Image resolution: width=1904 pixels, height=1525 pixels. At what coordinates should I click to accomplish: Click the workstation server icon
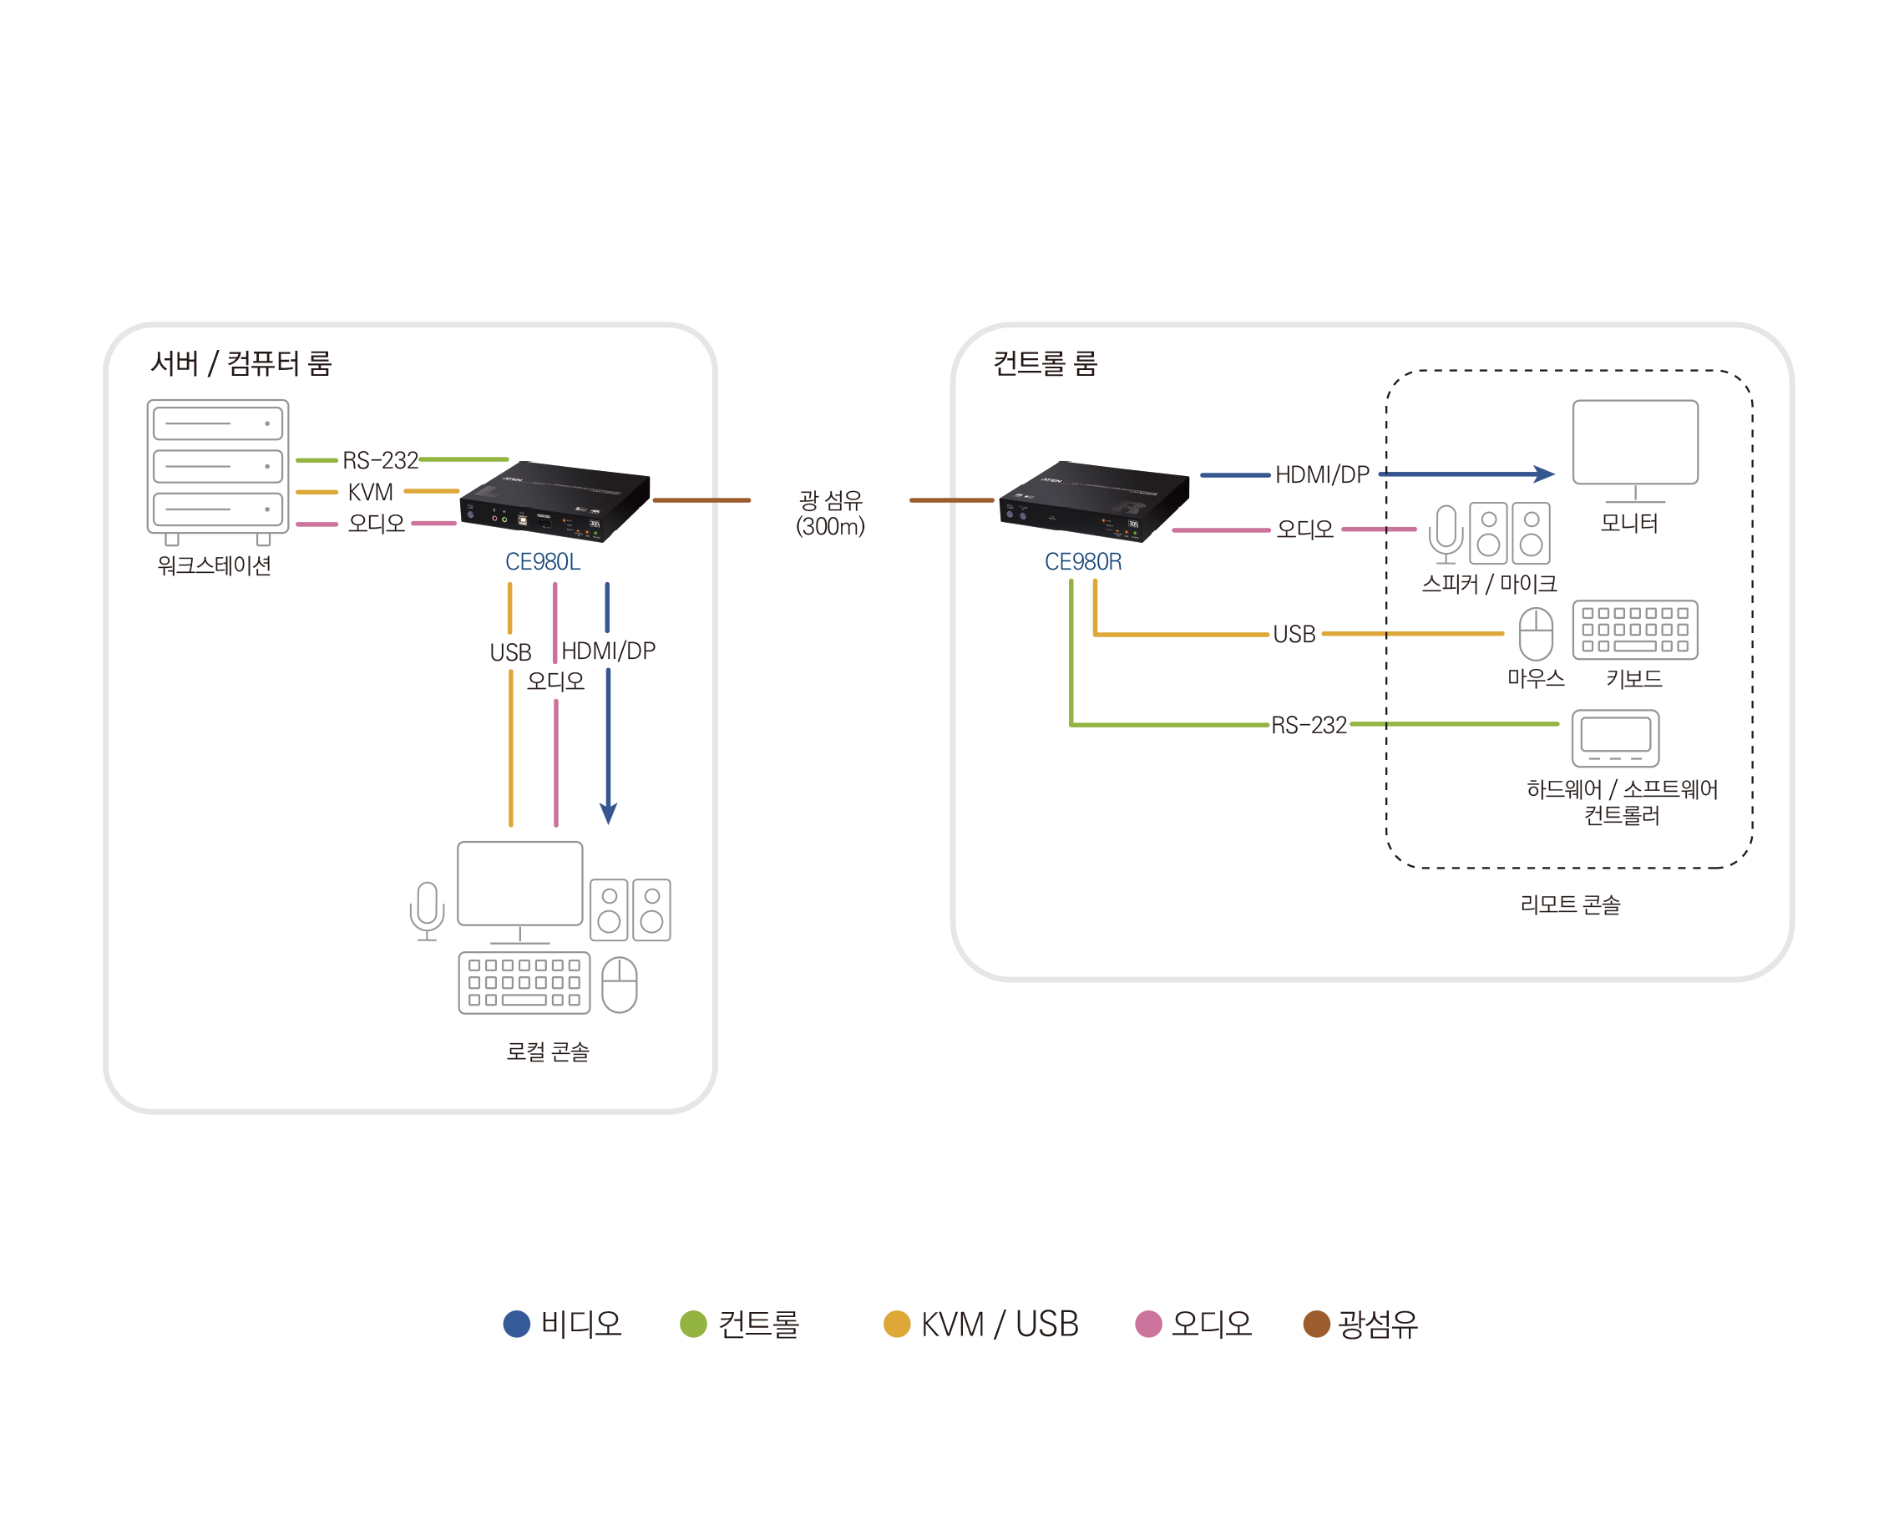tap(217, 469)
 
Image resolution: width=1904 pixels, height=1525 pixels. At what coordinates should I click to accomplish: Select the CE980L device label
tap(542, 561)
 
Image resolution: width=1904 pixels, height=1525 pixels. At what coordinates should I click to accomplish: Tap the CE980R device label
tap(1083, 561)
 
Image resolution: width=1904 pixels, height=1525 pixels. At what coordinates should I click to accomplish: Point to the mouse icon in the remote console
tap(1536, 633)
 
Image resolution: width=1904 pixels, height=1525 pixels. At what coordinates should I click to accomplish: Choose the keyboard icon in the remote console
tap(1634, 630)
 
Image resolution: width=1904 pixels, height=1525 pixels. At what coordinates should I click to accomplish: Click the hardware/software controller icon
tap(1615, 738)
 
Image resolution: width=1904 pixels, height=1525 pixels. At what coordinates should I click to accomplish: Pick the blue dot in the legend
tap(517, 1324)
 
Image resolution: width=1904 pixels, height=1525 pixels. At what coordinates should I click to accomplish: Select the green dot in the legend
tap(693, 1324)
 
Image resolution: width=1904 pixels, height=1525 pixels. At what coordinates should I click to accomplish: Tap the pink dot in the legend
tap(1148, 1324)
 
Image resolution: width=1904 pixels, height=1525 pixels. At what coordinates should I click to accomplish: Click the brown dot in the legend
tap(1317, 1324)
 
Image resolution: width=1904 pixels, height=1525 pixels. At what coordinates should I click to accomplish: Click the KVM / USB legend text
tap(1000, 1324)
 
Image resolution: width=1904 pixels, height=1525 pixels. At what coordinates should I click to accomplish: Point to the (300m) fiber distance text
tap(830, 527)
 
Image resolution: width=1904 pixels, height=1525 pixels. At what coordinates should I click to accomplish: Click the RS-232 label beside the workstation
tap(380, 460)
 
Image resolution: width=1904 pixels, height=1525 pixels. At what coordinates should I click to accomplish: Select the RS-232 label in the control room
tap(1309, 725)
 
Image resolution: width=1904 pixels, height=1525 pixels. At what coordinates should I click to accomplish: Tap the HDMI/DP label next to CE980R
tap(1322, 475)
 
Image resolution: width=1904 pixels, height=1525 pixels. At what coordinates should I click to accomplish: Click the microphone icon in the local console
tap(427, 910)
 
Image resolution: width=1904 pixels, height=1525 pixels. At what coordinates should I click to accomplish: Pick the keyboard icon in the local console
tap(524, 983)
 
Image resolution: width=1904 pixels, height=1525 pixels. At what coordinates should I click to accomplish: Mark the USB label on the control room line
tap(1294, 634)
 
